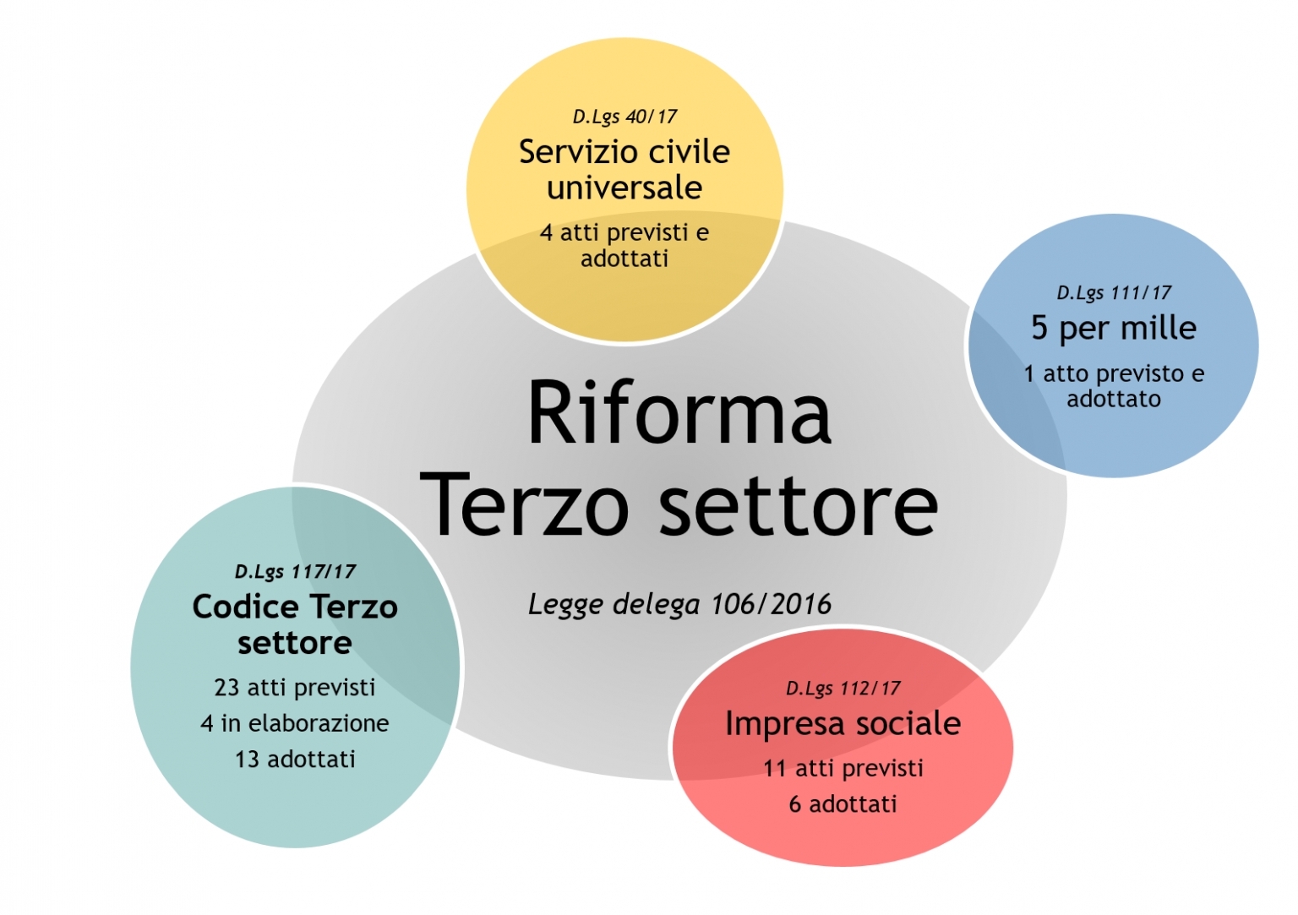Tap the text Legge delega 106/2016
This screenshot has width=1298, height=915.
click(x=679, y=604)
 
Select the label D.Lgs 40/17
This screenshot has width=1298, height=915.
click(x=624, y=117)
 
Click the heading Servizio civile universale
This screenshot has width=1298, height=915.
click(x=624, y=169)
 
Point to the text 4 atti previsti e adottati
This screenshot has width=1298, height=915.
click(x=624, y=245)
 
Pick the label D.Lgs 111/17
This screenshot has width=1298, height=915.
click(x=1114, y=293)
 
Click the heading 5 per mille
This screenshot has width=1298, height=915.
click(x=1114, y=328)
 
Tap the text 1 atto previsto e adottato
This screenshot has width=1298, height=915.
click(x=1114, y=386)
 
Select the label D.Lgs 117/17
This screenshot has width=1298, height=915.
click(x=295, y=572)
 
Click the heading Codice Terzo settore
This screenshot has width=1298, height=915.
click(x=295, y=624)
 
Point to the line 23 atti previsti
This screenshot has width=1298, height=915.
click(x=295, y=688)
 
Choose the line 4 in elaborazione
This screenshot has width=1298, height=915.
click(x=295, y=723)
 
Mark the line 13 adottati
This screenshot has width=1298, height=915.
click(x=295, y=760)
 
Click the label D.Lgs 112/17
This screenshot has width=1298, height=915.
click(x=843, y=689)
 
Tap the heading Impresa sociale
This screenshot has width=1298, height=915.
click(x=843, y=724)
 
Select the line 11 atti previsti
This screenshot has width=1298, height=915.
click(x=843, y=768)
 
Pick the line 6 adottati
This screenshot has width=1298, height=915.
click(x=843, y=804)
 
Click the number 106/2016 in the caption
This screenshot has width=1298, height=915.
click(x=771, y=604)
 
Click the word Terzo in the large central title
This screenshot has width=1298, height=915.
click(x=525, y=506)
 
